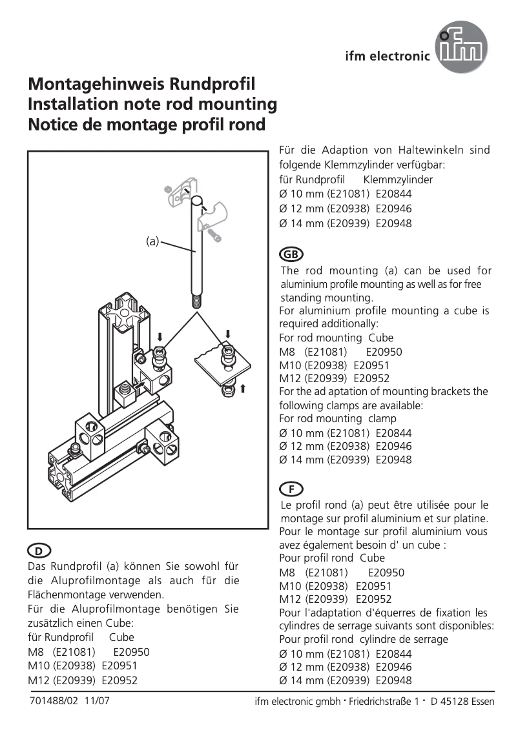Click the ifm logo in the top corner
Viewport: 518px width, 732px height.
point(461,47)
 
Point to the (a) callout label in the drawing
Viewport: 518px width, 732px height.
point(152,242)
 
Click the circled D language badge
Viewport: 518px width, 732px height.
point(39,551)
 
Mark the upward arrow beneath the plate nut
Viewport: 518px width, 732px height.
point(243,389)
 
